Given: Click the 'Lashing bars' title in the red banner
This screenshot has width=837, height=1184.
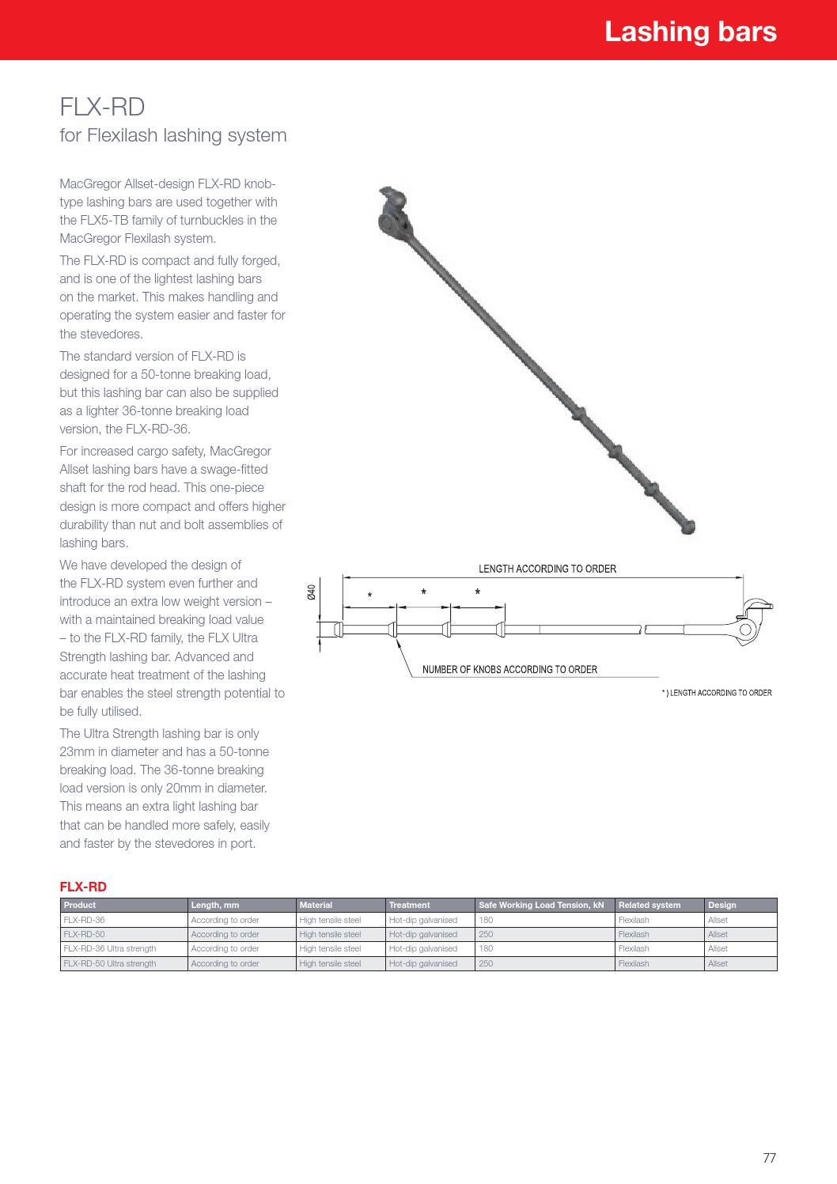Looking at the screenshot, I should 690,32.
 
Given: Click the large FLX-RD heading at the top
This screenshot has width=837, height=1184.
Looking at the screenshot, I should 102,107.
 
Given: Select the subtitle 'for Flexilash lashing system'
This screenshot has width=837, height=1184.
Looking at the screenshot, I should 173,135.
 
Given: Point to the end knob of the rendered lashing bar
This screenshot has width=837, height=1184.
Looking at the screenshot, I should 687,525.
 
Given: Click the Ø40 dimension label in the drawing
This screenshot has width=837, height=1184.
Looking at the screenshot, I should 312,592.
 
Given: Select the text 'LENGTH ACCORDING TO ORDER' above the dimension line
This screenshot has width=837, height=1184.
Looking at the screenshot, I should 547,569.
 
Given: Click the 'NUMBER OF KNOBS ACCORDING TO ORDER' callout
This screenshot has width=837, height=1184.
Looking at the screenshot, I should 509,669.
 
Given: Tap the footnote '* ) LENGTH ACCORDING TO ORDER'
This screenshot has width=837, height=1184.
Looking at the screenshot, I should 716,693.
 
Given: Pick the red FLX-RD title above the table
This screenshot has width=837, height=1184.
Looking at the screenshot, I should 83,887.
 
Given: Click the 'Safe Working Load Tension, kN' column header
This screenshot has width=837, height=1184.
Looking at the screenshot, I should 541,905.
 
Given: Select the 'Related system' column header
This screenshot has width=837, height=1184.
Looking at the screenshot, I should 649,905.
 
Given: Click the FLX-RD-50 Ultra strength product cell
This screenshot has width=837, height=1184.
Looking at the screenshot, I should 110,963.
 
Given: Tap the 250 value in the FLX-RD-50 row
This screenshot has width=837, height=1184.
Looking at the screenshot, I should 486,934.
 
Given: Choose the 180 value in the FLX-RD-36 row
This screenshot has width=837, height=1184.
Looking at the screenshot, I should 486,920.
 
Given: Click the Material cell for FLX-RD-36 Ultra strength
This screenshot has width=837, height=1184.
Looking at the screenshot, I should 330,948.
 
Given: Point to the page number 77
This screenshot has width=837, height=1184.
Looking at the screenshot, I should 769,1158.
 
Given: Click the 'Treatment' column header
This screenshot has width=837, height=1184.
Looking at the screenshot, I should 409,905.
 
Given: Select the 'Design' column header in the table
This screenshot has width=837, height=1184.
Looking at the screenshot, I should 721,905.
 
